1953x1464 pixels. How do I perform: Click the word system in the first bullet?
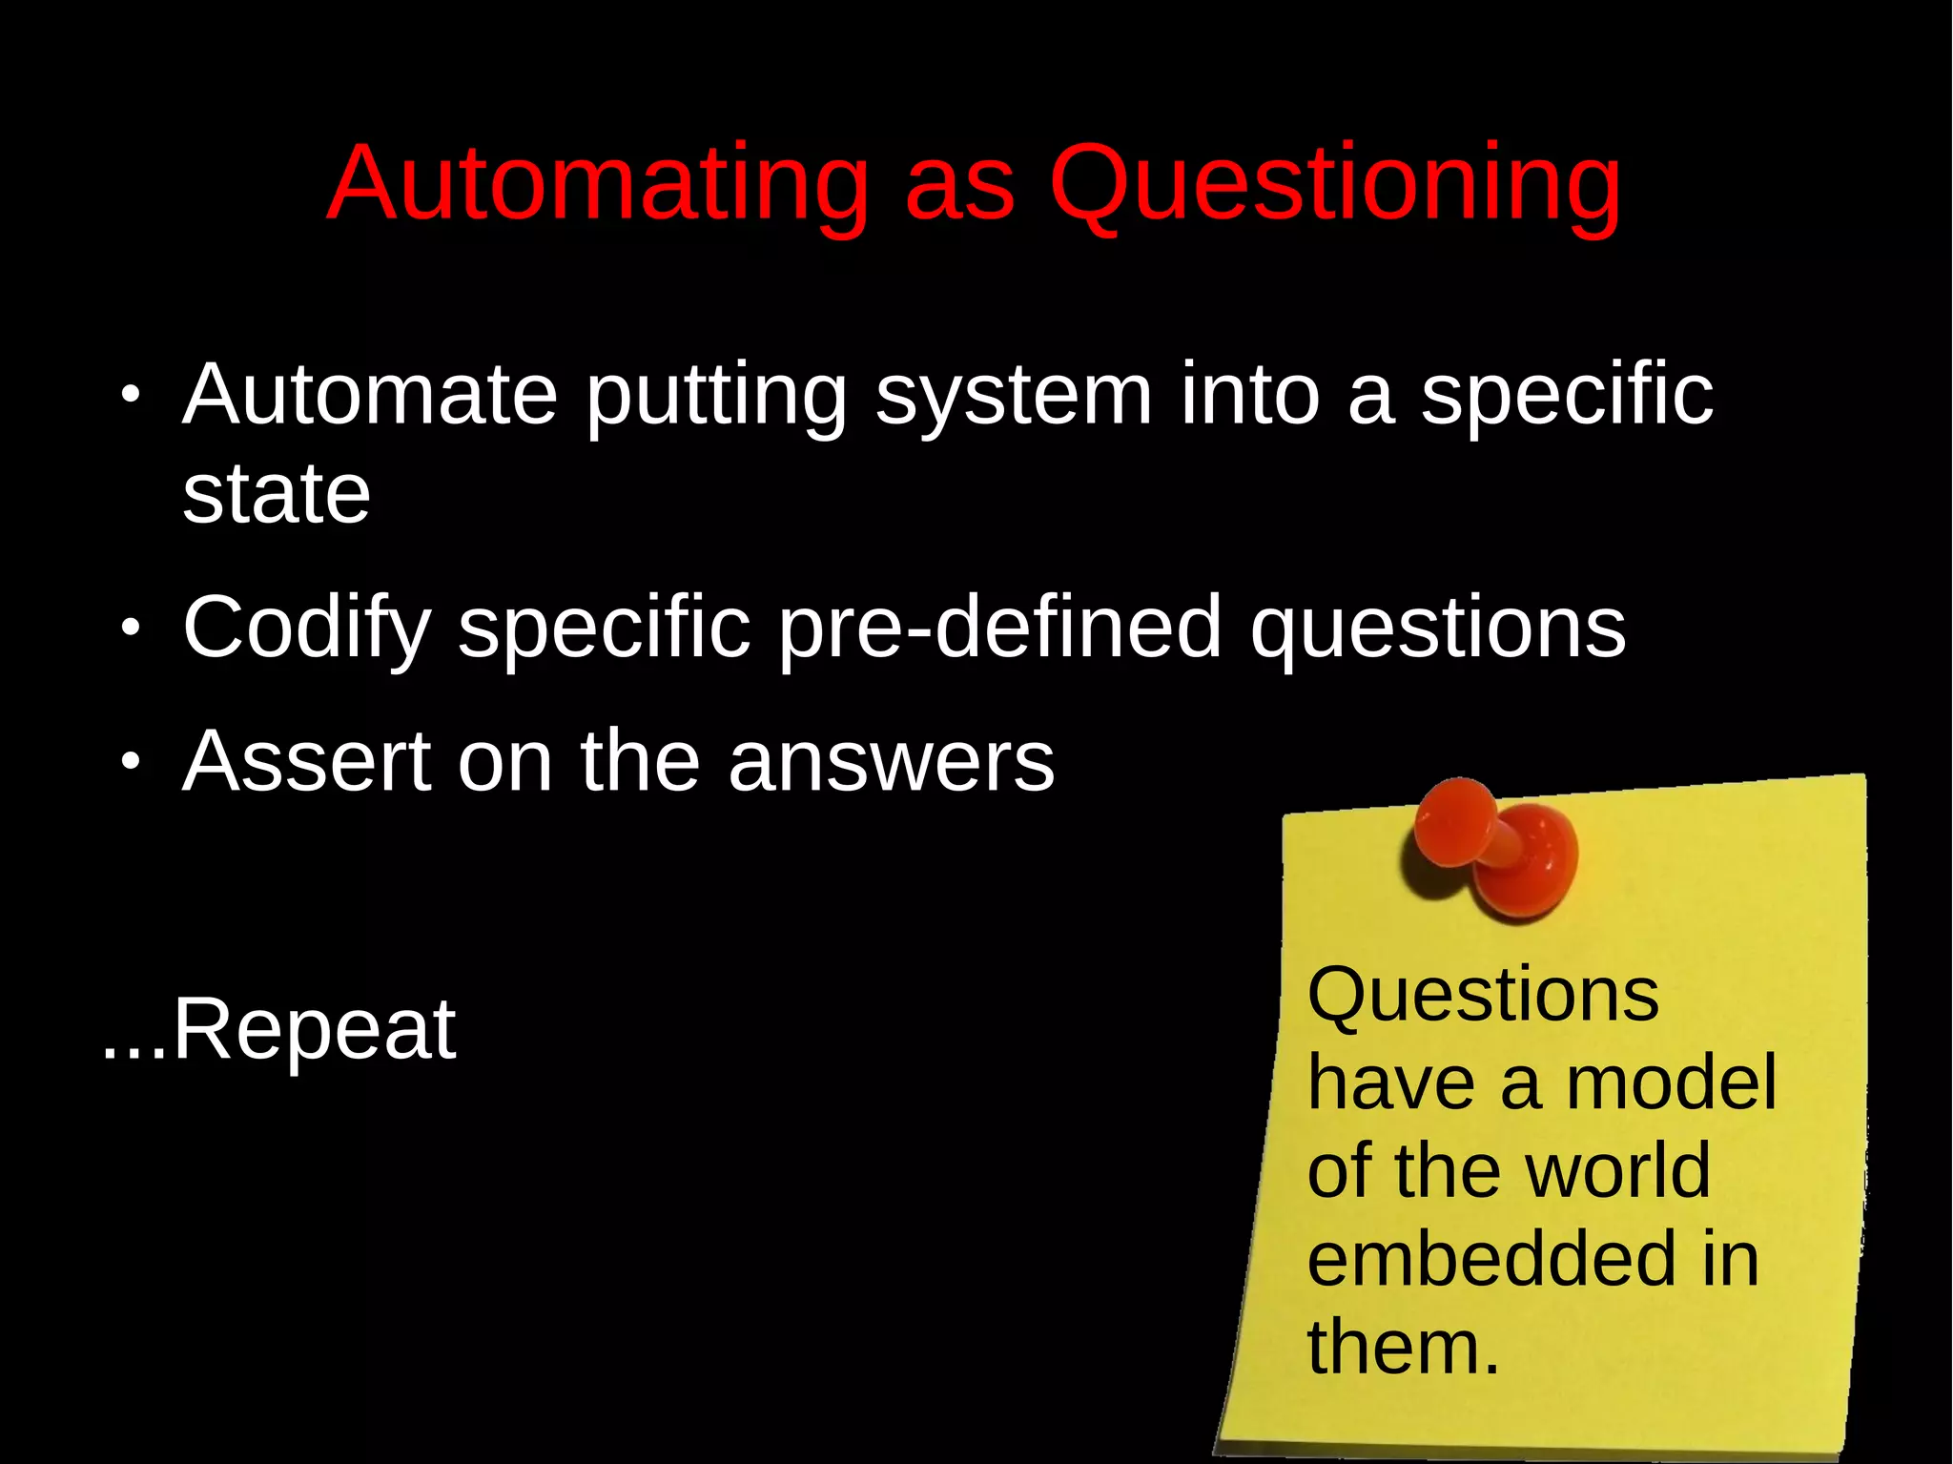coord(1014,398)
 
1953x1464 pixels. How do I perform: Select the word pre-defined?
coord(1000,629)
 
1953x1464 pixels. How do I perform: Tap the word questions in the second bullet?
coord(1438,629)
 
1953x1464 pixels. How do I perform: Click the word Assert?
coord(306,761)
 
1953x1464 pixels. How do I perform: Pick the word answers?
coord(891,763)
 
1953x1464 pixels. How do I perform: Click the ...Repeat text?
coord(278,1029)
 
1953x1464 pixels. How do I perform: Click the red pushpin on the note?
coord(1497,849)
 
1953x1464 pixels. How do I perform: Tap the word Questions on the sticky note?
coord(1483,995)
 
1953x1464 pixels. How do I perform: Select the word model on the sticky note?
coord(1671,1083)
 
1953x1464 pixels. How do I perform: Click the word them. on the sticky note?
coord(1403,1347)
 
